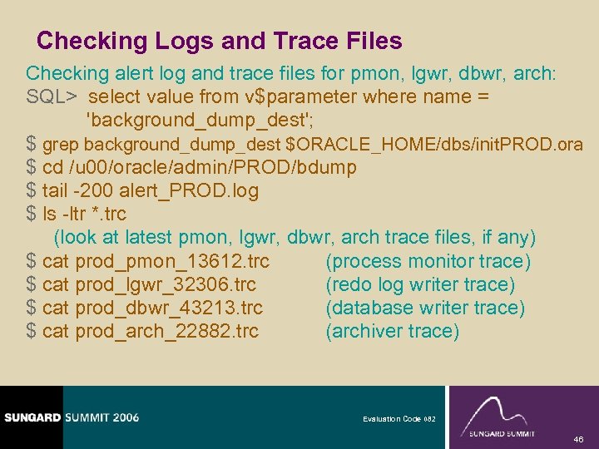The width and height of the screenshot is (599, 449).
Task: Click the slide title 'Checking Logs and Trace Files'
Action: (x=220, y=41)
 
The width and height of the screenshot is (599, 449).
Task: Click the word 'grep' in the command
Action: (x=62, y=144)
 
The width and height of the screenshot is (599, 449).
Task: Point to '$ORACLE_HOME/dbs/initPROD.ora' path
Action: (x=433, y=144)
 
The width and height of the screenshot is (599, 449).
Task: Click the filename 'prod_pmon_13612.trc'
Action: (x=172, y=261)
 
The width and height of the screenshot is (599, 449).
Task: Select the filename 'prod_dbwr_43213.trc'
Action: (x=169, y=308)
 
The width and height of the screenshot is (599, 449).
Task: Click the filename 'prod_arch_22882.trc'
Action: (x=167, y=331)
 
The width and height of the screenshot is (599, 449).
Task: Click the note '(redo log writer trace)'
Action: (x=420, y=284)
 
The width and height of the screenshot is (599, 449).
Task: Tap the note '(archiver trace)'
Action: (x=392, y=331)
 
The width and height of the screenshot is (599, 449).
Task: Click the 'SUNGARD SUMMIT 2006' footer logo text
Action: (x=70, y=417)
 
